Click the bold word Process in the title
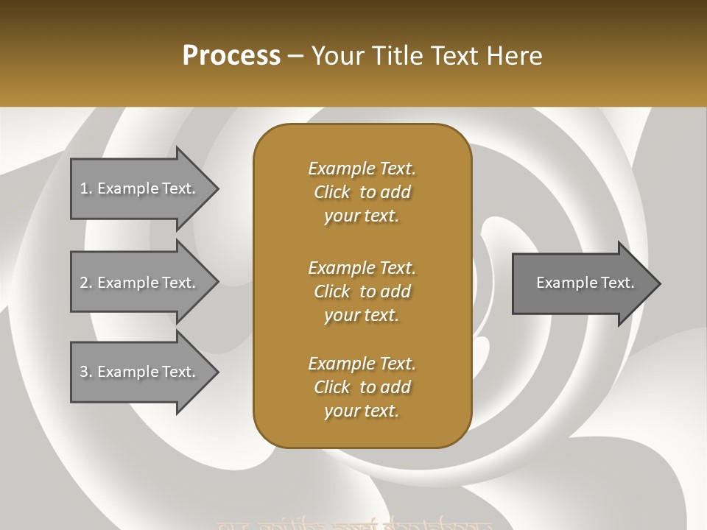tap(231, 56)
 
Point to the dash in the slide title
tap(295, 57)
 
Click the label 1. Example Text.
tap(138, 188)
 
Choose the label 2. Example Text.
tap(138, 283)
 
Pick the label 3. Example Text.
tap(138, 372)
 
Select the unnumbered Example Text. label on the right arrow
tap(585, 283)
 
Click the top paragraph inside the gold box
tap(362, 192)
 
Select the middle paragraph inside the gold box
tap(362, 291)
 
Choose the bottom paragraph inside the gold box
tap(362, 387)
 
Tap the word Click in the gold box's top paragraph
tap(332, 192)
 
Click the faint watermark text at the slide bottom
tap(353, 525)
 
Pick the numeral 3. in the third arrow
tap(86, 372)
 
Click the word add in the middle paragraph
tap(396, 291)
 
